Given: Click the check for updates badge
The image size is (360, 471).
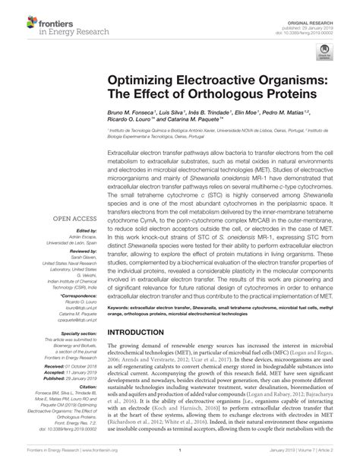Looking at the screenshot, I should pyautogui.click(x=326, y=52).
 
